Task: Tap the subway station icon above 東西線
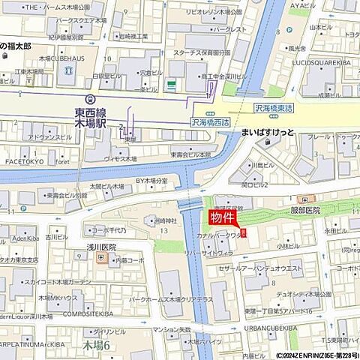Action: pyautogui.click(x=91, y=99)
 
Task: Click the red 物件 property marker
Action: pyautogui.click(x=224, y=218)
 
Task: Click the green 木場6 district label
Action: pyautogui.click(x=96, y=345)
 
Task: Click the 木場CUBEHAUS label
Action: pyautogui.click(x=61, y=59)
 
